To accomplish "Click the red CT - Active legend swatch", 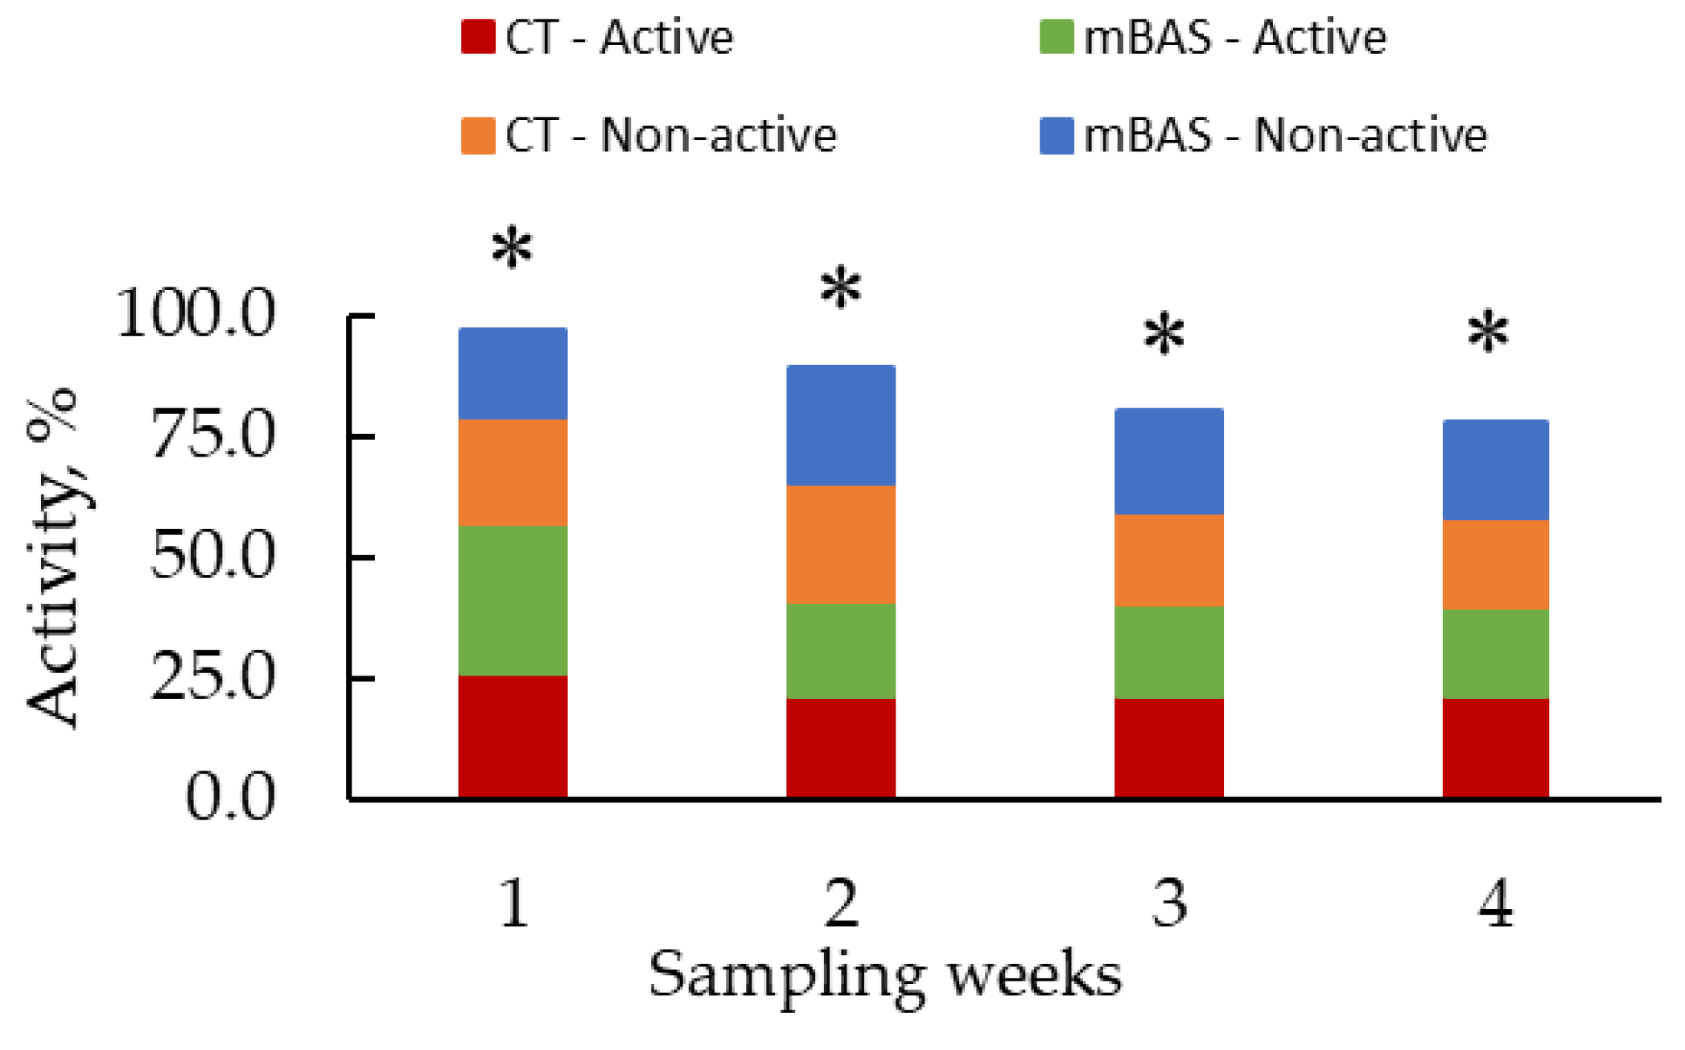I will (x=478, y=37).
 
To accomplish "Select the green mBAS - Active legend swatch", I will (x=1056, y=37).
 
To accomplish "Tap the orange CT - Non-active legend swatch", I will (x=478, y=135).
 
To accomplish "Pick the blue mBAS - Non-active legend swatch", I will (x=1056, y=135).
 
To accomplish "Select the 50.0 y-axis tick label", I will (x=213, y=556).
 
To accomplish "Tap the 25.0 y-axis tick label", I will (x=213, y=676).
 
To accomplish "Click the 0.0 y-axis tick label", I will (x=230, y=797).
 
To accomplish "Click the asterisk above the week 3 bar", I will (x=1164, y=335).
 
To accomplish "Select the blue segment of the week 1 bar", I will (x=513, y=374).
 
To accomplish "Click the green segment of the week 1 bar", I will (x=513, y=601).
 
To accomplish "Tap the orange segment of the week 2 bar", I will (x=840, y=544).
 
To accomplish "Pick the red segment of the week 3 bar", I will (x=1168, y=747).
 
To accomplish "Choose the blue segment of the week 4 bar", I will (x=1495, y=470).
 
